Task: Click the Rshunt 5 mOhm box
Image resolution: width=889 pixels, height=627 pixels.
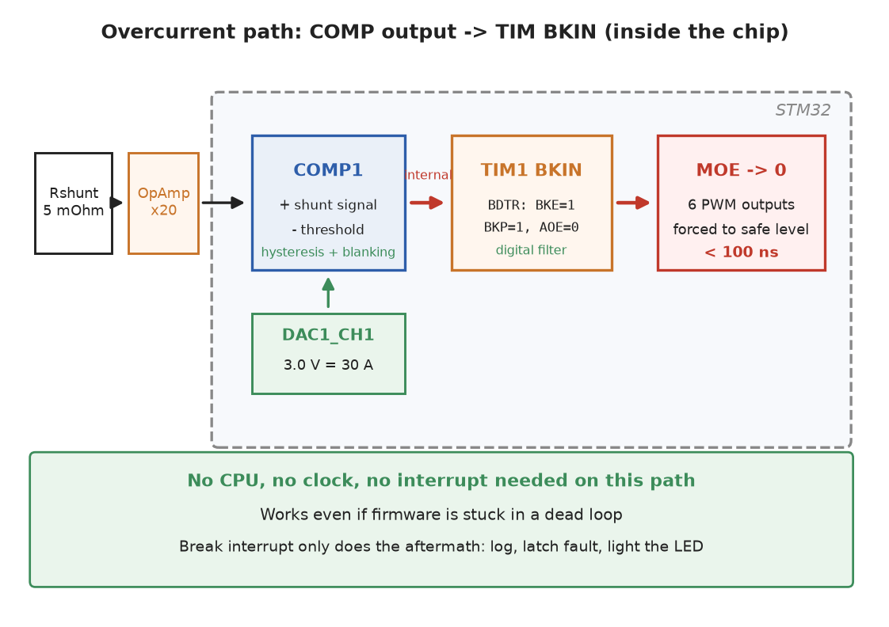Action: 74,203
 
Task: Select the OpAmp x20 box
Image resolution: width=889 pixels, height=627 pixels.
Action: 163,203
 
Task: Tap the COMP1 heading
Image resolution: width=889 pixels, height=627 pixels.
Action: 328,170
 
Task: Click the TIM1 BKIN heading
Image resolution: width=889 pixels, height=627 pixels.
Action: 531,170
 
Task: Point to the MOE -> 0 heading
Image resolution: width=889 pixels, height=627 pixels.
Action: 741,170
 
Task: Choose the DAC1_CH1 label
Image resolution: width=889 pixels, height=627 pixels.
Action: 328,335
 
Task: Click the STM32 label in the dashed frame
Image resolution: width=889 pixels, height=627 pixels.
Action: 803,110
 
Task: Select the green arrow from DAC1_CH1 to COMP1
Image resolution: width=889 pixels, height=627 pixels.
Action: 328,293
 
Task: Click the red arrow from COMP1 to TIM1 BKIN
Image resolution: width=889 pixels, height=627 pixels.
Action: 426,203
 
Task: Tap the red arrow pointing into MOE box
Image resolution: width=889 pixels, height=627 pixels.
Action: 633,203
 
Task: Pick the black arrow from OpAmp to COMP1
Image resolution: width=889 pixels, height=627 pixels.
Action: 223,203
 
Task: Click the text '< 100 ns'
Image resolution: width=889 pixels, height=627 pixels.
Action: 741,252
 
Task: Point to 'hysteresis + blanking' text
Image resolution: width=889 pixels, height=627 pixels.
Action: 328,252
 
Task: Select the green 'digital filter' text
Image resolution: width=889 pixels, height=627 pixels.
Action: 531,250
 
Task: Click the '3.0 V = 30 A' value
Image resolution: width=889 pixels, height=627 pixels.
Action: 328,365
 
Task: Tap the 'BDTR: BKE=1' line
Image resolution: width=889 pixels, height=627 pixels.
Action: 531,205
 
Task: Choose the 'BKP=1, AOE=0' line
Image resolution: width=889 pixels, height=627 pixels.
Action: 531,228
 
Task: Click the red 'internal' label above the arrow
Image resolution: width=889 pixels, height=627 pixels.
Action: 429,175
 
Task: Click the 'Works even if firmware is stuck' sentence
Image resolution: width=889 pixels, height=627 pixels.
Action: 441,515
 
